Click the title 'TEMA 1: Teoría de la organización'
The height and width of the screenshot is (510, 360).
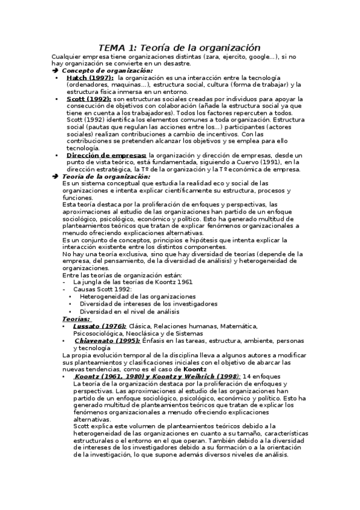pos(180,48)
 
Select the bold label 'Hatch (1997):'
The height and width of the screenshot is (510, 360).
pos(90,78)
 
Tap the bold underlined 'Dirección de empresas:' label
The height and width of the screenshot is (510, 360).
pos(106,155)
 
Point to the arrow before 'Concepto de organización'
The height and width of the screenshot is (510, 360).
pos(55,70)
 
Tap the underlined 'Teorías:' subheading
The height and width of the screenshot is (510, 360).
pos(76,319)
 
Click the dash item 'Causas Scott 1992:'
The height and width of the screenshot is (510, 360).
pos(101,289)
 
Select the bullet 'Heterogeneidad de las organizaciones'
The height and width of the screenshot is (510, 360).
pos(138,296)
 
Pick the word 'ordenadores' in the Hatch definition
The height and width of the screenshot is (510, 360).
pos(88,85)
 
